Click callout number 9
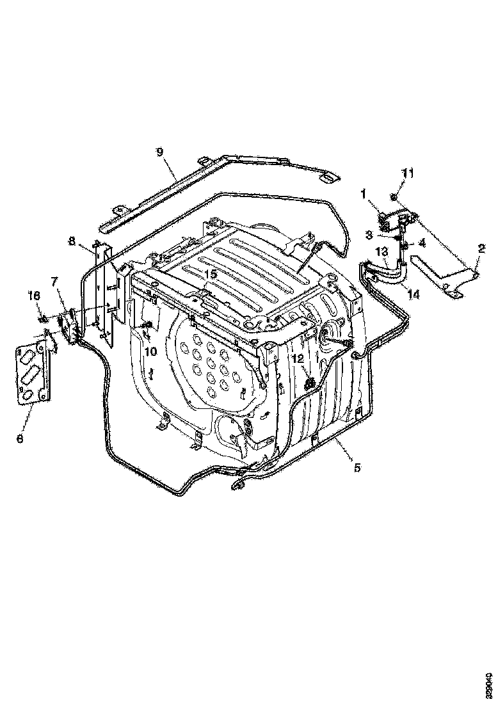pos(160,152)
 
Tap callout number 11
pos(408,173)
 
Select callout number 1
pos(362,193)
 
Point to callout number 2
pos(482,246)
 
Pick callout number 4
pos(421,243)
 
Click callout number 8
pos(72,241)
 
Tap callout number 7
pos(54,281)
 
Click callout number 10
pos(150,351)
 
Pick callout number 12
pos(298,359)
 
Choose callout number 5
pos(357,468)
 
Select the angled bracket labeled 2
pos(448,272)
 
